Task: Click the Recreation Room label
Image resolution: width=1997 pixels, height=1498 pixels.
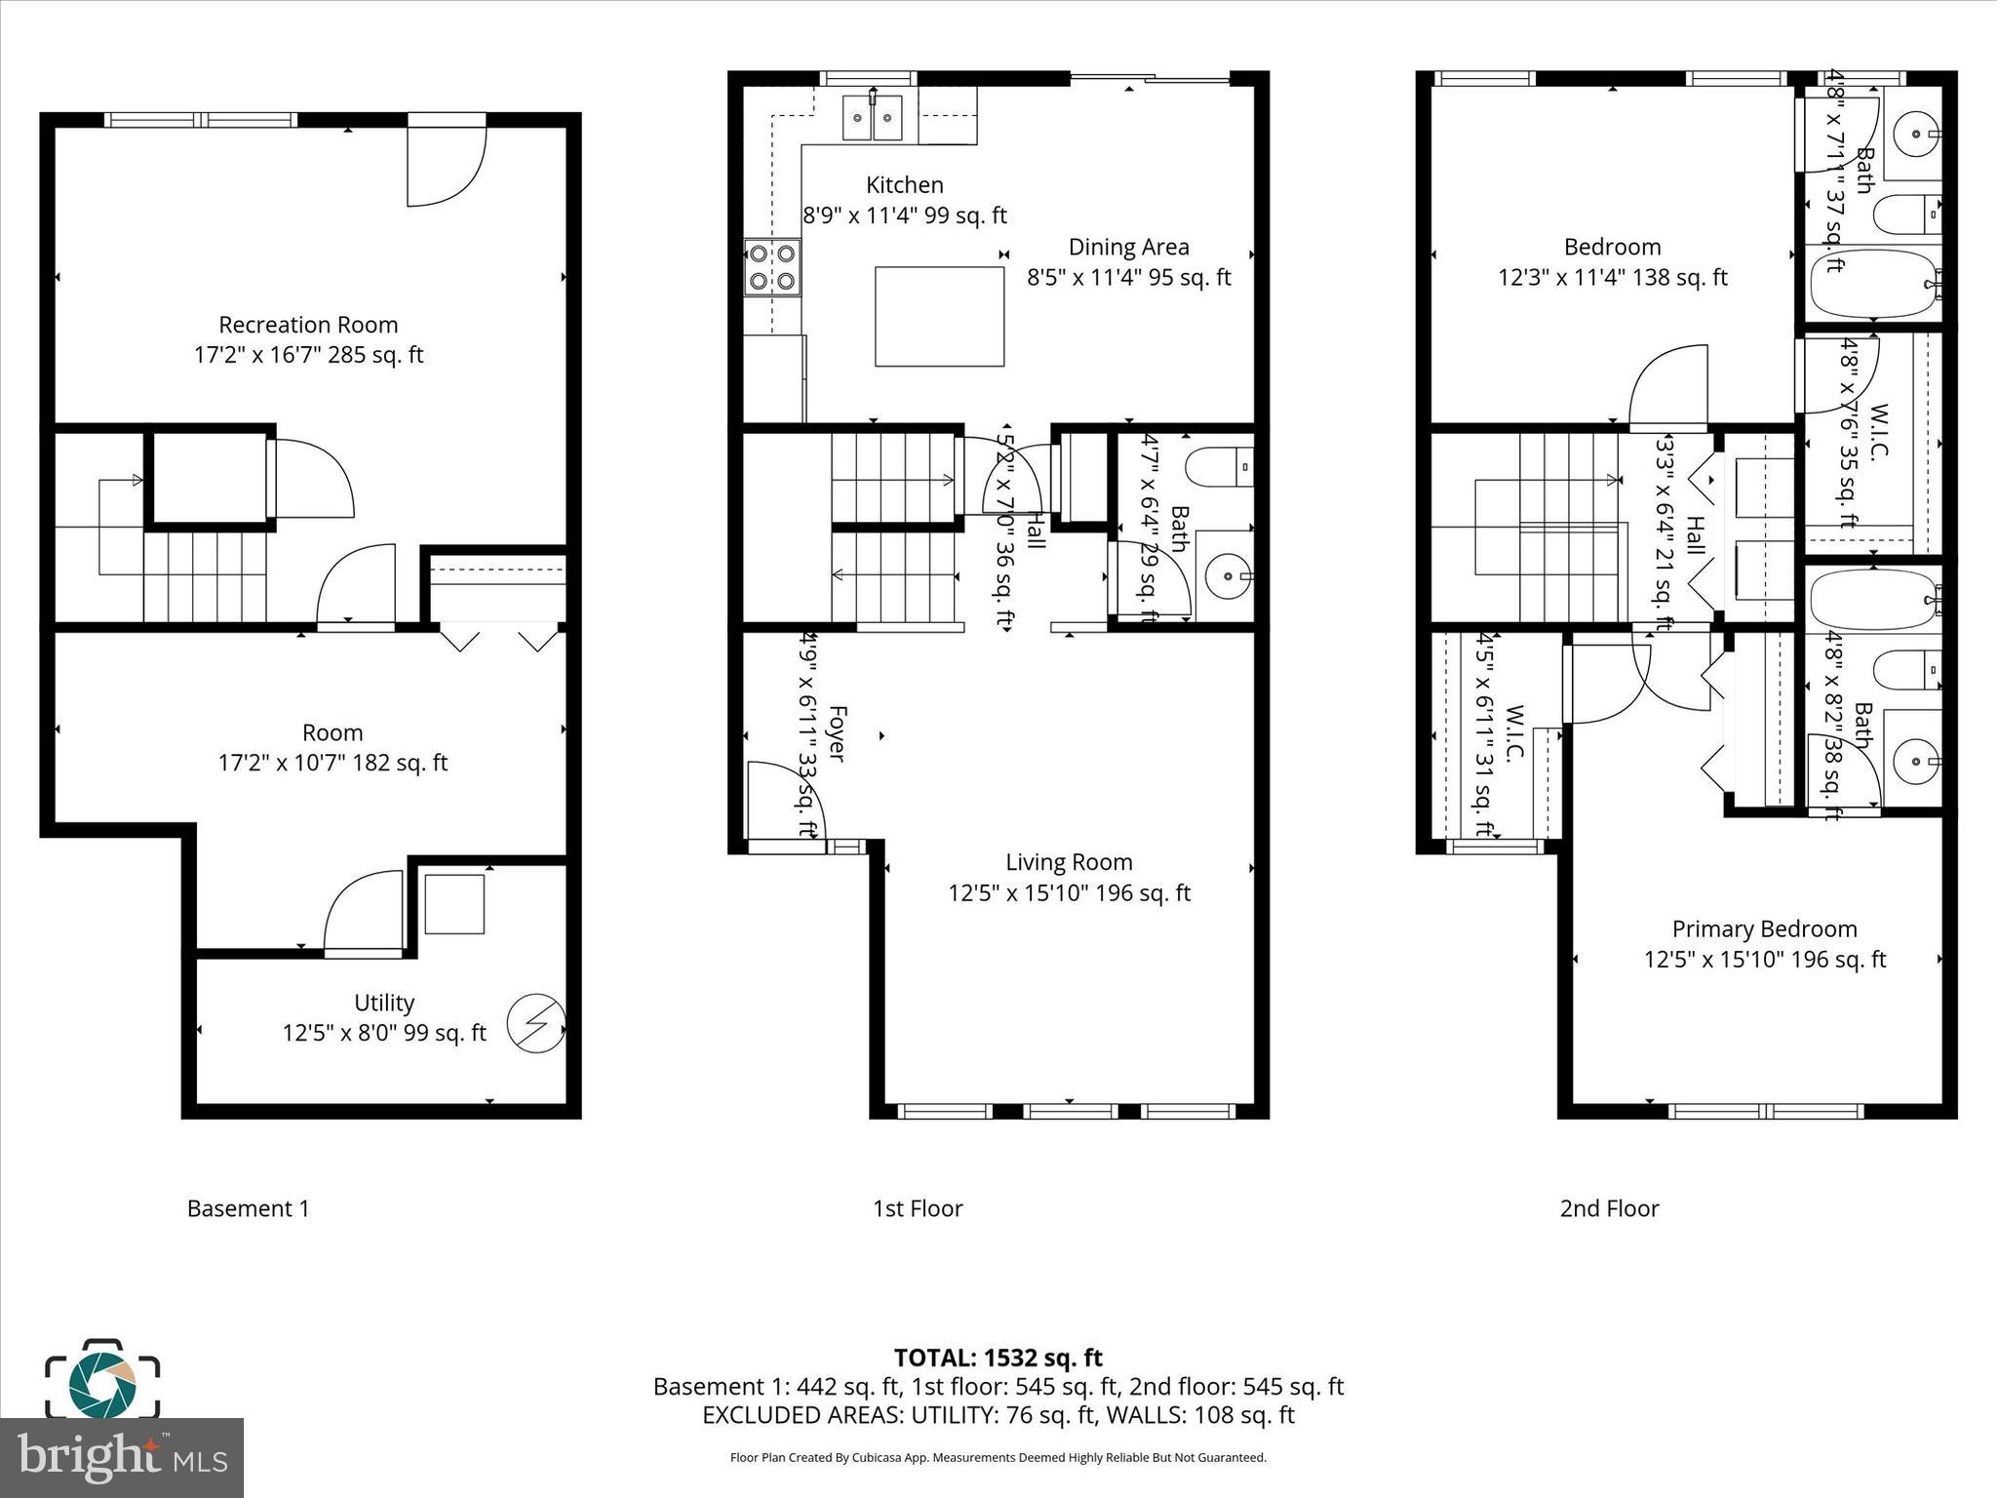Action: coord(308,325)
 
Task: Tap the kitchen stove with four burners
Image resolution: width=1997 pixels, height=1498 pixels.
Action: coord(772,268)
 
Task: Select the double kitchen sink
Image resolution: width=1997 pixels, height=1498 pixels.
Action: coord(872,118)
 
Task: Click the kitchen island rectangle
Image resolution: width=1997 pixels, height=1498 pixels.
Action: coord(939,317)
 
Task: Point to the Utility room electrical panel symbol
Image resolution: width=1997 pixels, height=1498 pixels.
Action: coord(535,1023)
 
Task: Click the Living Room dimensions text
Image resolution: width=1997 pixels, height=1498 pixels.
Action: coord(1069,892)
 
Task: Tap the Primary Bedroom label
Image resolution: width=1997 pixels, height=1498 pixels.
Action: coord(1764,928)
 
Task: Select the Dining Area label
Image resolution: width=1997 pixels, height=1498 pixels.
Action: coord(1128,247)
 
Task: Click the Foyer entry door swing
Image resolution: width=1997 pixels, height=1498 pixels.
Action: coord(784,800)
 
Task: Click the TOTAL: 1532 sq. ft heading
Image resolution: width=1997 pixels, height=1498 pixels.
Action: coord(998,1358)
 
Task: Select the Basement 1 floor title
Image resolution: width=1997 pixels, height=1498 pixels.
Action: coord(248,1208)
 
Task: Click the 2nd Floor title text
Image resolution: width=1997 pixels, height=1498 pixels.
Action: coord(1609,1208)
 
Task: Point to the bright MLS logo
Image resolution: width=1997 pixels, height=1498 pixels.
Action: coord(121,1457)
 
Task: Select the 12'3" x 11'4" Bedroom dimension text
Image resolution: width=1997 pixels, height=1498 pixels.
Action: coord(1612,278)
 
